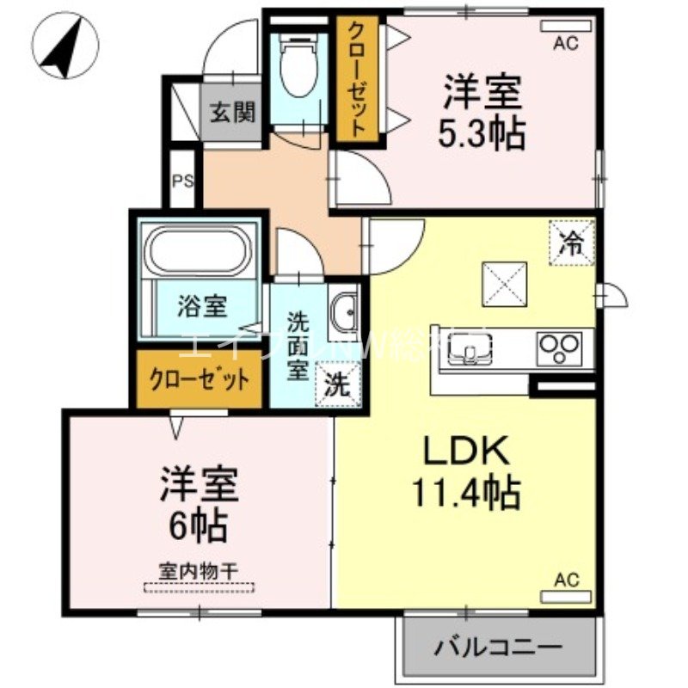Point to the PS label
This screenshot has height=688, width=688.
(x=182, y=181)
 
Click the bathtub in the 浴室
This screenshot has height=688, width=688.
(x=200, y=251)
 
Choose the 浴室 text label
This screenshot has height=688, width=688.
(x=203, y=306)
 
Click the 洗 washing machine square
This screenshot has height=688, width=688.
(x=336, y=384)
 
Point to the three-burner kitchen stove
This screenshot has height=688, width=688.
(x=560, y=348)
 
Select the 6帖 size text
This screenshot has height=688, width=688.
(x=198, y=525)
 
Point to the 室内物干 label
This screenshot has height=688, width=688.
(x=199, y=569)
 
